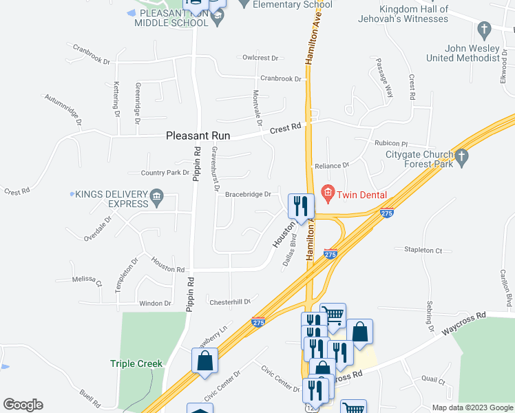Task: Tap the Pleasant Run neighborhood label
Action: point(198,136)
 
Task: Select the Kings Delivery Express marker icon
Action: point(156,198)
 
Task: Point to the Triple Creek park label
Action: point(136,363)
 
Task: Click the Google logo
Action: point(23,405)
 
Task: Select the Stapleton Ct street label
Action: point(423,250)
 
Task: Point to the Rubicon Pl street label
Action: point(392,143)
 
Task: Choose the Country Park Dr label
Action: point(165,173)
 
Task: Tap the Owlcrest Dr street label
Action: point(260,59)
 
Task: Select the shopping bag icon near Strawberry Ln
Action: point(205,361)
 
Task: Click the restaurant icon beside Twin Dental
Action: point(301,205)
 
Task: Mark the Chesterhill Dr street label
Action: point(229,301)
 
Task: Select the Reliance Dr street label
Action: point(332,166)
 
